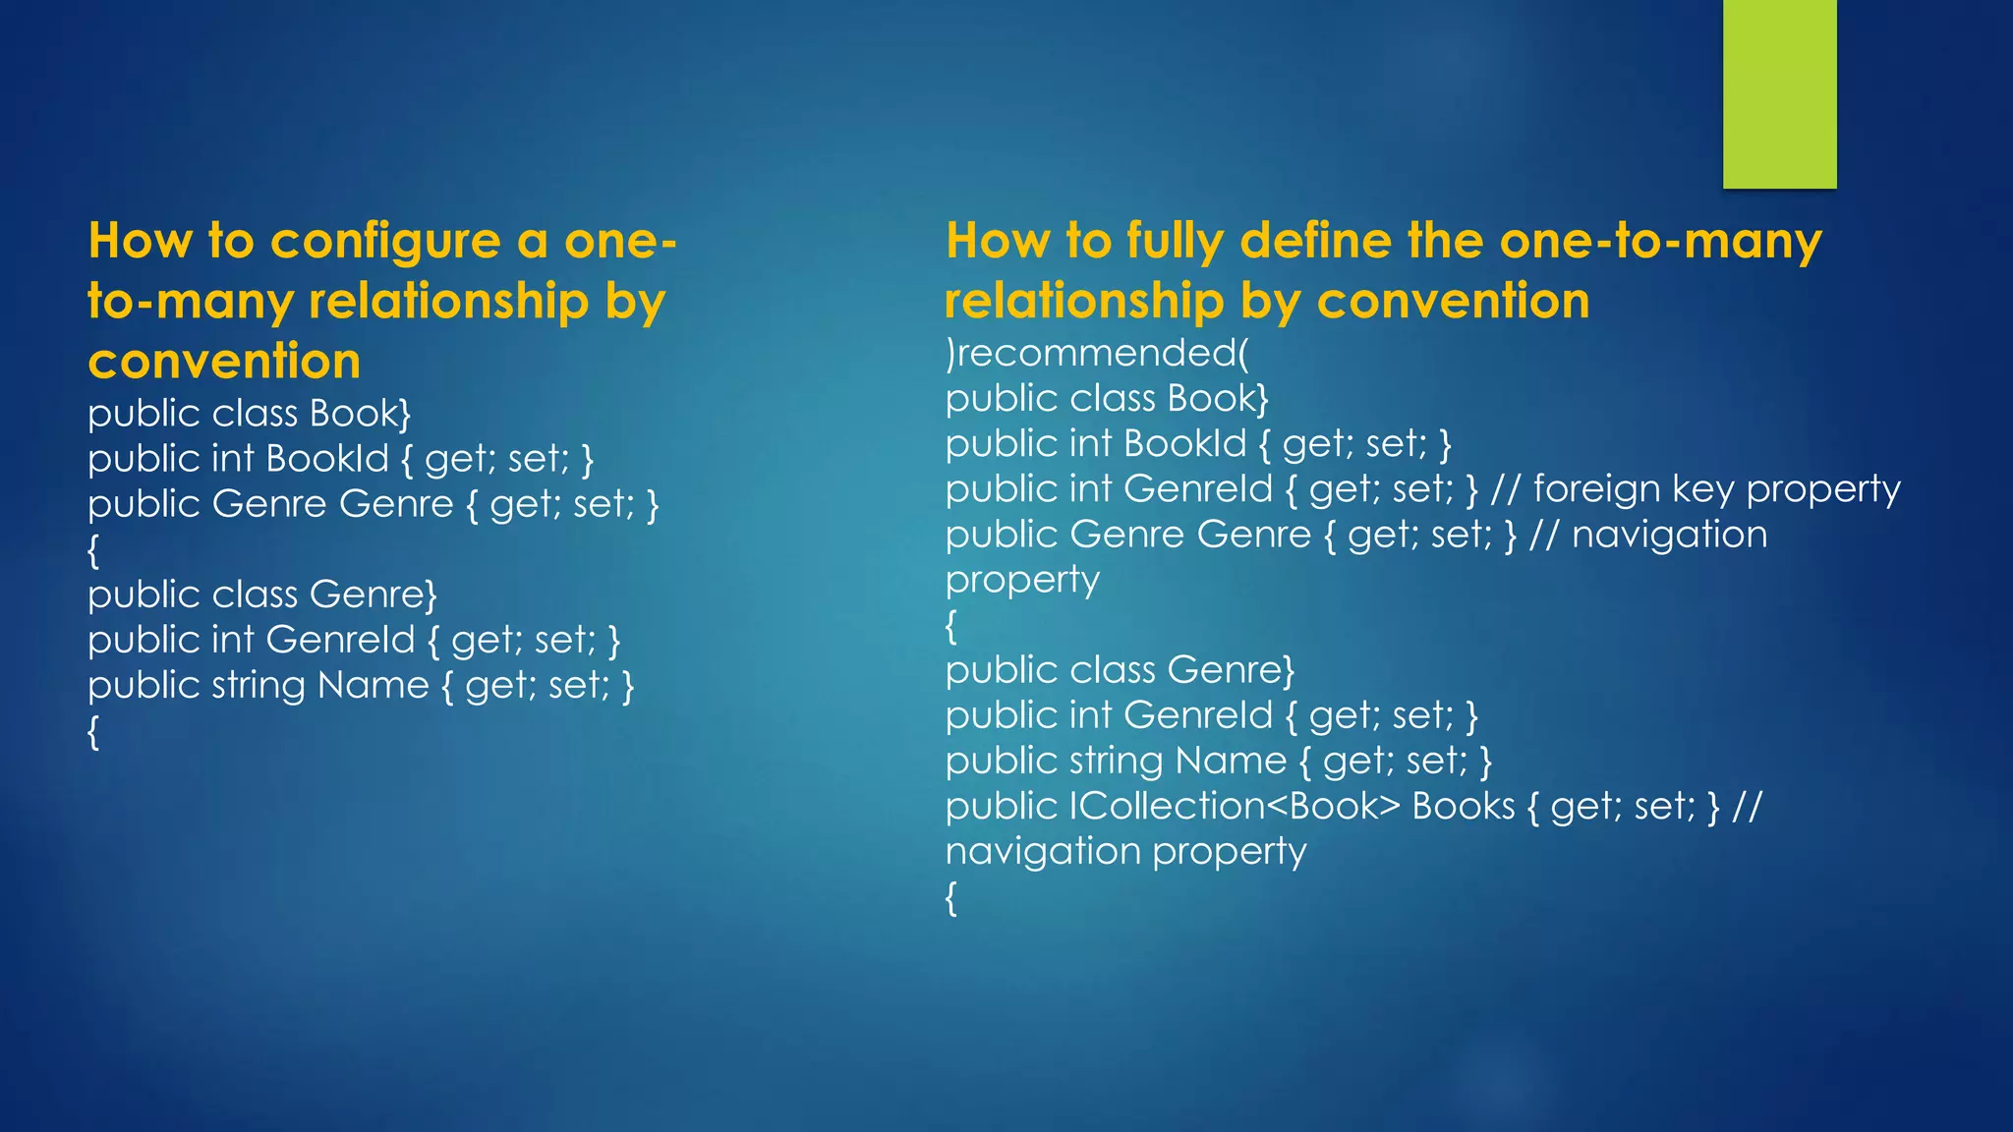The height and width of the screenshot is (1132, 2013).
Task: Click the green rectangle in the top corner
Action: click(x=1779, y=93)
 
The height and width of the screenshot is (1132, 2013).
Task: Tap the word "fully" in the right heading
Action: click(x=1176, y=242)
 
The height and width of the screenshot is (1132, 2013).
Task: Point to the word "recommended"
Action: click(x=1096, y=353)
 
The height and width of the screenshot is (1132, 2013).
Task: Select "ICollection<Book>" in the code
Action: click(x=1235, y=806)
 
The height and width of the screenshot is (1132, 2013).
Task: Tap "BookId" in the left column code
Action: click(x=327, y=459)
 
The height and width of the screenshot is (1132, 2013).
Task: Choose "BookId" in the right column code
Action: click(x=1185, y=443)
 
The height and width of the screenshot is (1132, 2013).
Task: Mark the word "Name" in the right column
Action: click(x=1231, y=761)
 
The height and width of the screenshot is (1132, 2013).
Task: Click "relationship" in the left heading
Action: click(x=448, y=302)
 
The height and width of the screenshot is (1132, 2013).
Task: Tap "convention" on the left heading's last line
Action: click(x=224, y=362)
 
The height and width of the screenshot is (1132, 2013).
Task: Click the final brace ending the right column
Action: click(x=950, y=898)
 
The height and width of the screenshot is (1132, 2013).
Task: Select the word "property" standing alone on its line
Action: click(x=1022, y=581)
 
